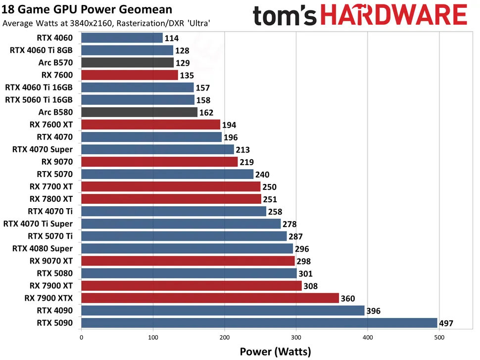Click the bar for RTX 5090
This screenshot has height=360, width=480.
click(x=259, y=323)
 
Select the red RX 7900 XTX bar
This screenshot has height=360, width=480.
click(x=210, y=298)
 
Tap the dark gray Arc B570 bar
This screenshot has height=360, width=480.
click(x=127, y=62)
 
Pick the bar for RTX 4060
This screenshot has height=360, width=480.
click(x=122, y=38)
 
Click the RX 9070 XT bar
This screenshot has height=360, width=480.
click(x=188, y=261)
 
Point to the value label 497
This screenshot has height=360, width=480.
click(x=447, y=323)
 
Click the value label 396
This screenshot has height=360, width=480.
click(x=374, y=311)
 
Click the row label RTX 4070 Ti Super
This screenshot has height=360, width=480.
click(x=38, y=224)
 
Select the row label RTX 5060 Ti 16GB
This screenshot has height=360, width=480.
click(x=39, y=99)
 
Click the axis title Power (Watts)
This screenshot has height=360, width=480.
click(x=275, y=351)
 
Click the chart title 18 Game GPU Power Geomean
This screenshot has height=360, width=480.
click(x=88, y=9)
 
